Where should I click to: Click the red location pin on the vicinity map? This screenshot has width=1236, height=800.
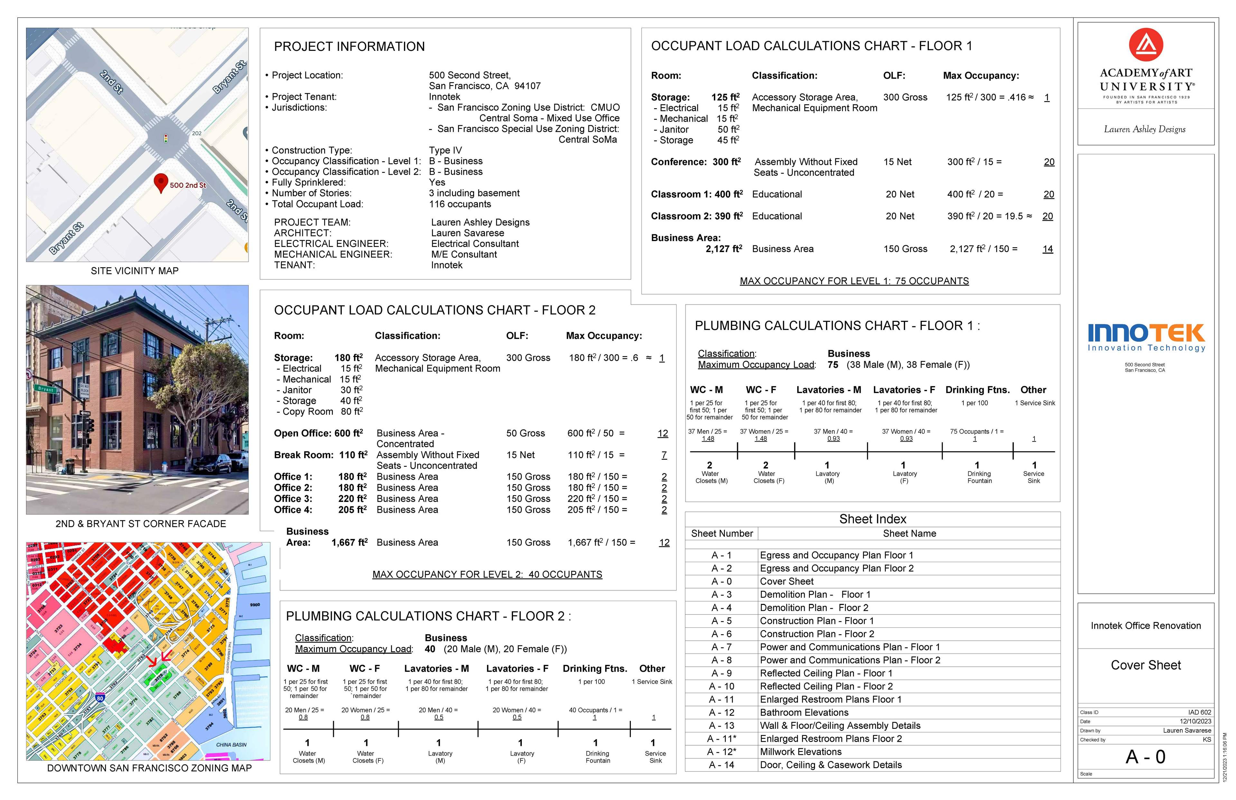pos(161,182)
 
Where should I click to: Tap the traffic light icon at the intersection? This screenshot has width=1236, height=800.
pos(166,139)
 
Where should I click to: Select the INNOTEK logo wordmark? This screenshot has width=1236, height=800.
pos(1146,333)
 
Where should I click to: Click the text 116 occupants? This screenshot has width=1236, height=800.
pos(460,204)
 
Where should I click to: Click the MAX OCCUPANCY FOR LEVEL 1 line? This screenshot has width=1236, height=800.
pos(854,281)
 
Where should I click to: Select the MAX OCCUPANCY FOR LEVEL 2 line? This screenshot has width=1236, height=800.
pos(487,575)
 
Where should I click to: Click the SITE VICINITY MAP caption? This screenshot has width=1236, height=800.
pos(135,271)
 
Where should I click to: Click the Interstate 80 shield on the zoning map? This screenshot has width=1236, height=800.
pos(100,698)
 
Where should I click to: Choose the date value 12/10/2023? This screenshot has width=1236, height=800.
pos(1195,721)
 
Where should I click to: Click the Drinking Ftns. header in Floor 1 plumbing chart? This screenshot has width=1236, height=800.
pos(978,390)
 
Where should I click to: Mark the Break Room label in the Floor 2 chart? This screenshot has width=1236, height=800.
pos(303,455)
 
